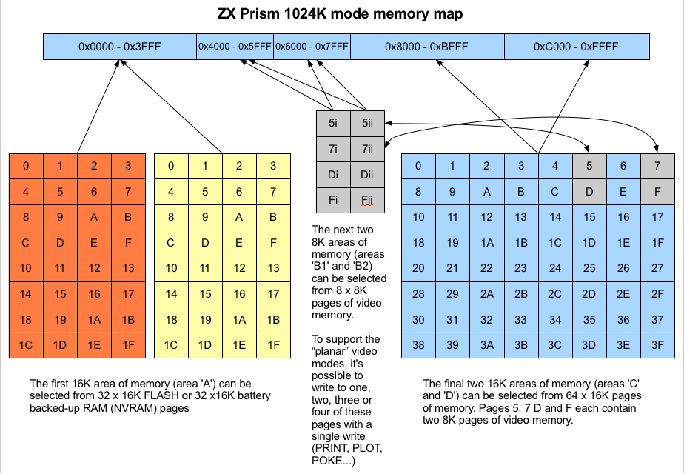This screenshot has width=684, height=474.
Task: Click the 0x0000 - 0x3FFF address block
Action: pos(119,47)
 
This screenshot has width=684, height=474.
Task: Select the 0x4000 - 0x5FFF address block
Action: pos(235,47)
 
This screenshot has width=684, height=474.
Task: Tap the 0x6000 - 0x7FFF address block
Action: pos(312,47)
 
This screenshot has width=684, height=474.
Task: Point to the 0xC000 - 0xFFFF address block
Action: pos(576,47)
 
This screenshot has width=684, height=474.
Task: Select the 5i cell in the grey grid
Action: pos(333,122)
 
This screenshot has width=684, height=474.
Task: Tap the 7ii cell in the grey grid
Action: pos(368,149)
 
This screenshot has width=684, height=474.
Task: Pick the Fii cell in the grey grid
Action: pos(368,200)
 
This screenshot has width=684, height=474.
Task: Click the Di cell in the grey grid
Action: pos(333,175)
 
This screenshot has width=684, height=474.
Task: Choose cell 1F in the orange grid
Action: pos(128,345)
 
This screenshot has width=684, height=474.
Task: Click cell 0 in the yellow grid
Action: pos(171,166)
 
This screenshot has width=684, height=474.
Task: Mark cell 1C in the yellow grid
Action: pos(171,345)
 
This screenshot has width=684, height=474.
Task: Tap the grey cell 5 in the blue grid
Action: pos(589,166)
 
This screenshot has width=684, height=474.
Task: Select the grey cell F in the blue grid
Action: pos(657,192)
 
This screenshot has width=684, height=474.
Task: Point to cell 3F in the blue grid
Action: pos(657,345)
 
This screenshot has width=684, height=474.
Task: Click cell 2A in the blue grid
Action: pos(486,294)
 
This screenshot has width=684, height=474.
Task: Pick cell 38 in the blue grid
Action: pos(418,345)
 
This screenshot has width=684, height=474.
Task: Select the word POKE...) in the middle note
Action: pos(335,461)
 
